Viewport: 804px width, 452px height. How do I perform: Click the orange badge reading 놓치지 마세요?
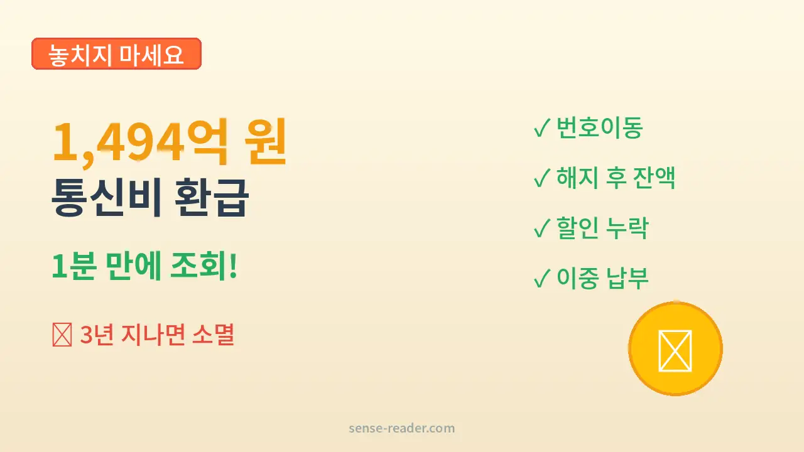[116, 54]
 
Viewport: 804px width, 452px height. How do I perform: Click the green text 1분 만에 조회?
[144, 268]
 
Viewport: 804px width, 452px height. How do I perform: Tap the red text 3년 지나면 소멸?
[157, 335]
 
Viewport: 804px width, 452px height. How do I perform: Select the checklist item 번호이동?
[599, 129]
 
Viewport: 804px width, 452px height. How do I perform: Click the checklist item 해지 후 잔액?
[616, 178]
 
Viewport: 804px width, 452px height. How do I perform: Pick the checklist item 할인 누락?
[602, 228]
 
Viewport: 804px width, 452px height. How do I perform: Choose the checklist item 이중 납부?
[602, 278]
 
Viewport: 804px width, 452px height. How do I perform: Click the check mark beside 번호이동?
[541, 129]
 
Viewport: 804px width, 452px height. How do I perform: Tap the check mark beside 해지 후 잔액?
[541, 179]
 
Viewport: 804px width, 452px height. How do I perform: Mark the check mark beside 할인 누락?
[541, 229]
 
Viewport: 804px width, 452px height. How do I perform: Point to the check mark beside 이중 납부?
[541, 279]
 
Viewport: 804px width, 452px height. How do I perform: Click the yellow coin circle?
[675, 348]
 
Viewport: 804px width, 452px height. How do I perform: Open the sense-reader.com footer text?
[401, 429]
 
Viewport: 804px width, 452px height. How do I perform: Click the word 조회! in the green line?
[204, 268]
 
